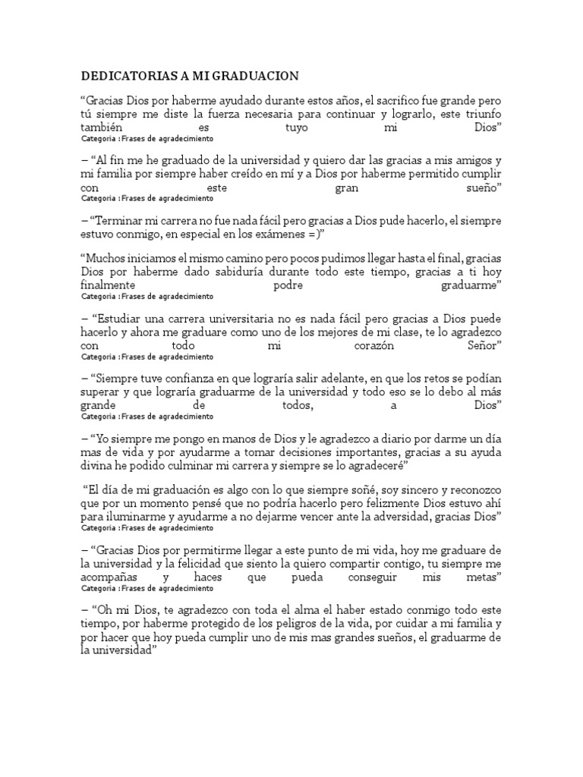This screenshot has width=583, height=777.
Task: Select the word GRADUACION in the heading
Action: click(257, 76)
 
